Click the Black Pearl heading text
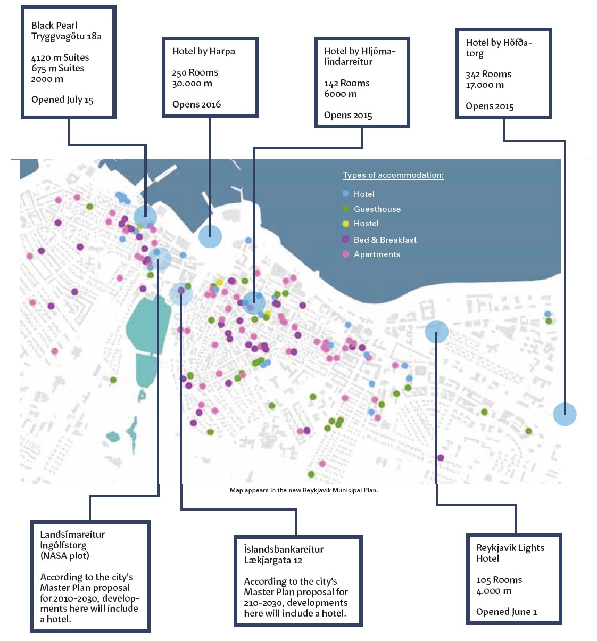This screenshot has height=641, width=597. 54,26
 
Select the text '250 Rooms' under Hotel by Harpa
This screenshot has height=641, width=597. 195,72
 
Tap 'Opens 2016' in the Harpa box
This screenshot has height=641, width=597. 196,104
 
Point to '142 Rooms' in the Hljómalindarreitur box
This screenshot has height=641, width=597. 346,83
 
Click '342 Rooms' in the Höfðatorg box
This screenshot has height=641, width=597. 488,74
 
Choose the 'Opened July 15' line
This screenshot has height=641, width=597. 62,100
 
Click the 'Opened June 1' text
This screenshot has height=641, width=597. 507,612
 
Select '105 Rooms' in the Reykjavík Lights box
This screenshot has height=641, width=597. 499,580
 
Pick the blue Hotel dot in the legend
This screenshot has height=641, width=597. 346,194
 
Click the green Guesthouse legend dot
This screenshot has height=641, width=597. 346,209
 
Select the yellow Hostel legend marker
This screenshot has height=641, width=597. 346,224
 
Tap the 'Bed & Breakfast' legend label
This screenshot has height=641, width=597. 385,240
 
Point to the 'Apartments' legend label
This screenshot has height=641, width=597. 377,254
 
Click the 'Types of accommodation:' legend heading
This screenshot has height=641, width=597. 393,175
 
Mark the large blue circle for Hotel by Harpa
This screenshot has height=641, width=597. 210,236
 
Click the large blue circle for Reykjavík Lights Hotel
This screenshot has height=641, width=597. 436,332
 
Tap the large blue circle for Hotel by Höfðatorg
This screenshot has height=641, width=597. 565,414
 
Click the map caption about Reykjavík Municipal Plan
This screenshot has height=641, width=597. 304,490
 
